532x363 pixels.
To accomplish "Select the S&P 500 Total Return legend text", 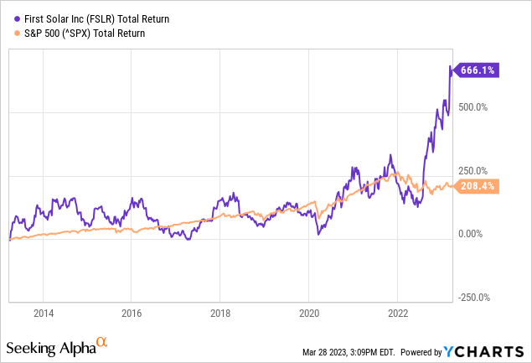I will (80, 34).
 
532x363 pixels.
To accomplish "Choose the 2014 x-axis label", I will (43, 314).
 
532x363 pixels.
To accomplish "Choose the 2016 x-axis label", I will (131, 314).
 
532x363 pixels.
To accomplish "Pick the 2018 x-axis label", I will (219, 314).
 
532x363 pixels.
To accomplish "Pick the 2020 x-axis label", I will (307, 314).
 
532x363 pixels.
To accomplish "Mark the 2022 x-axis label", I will (396, 314).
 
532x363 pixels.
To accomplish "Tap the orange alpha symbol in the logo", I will (101, 342).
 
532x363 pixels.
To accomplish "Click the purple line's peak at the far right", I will (451, 67).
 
